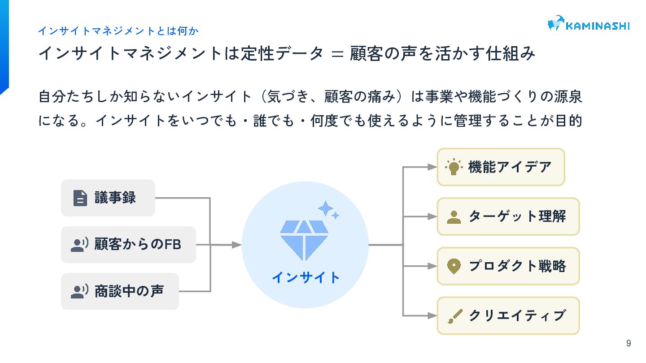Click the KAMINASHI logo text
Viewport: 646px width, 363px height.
[x=597, y=26]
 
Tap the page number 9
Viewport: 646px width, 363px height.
[x=629, y=343]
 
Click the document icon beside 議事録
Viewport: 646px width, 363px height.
[x=80, y=198]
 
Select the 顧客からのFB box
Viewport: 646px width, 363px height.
[x=128, y=245]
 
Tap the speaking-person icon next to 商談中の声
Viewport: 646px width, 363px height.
[x=79, y=291]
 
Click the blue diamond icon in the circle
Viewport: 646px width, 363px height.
[x=304, y=239]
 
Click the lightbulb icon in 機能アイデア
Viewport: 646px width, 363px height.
[x=454, y=167]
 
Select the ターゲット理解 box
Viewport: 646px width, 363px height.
[x=508, y=216]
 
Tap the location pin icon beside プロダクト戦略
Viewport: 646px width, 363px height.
[x=454, y=266]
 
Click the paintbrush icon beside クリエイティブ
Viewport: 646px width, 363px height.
[x=454, y=316]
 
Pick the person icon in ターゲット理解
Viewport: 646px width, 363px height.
[x=454, y=217]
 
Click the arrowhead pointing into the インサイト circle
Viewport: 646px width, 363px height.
[x=237, y=245]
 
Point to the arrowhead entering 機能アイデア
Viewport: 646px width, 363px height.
[x=432, y=167]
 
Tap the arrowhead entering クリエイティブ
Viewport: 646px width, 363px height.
[x=432, y=316]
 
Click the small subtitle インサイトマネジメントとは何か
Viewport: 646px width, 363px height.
[x=118, y=31]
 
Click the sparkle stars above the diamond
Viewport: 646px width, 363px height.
[x=328, y=210]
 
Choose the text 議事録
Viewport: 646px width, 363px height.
[x=115, y=198]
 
